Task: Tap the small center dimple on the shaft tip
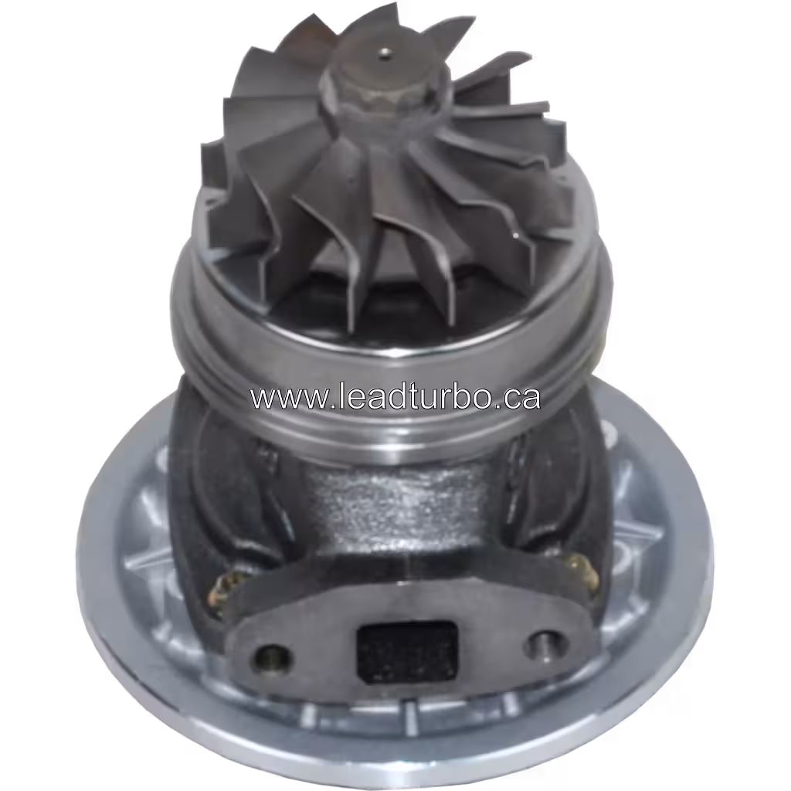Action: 383,54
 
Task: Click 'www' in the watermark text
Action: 278,398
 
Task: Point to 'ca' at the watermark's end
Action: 524,398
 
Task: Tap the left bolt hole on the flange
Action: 273,658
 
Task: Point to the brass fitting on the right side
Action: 581,572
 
